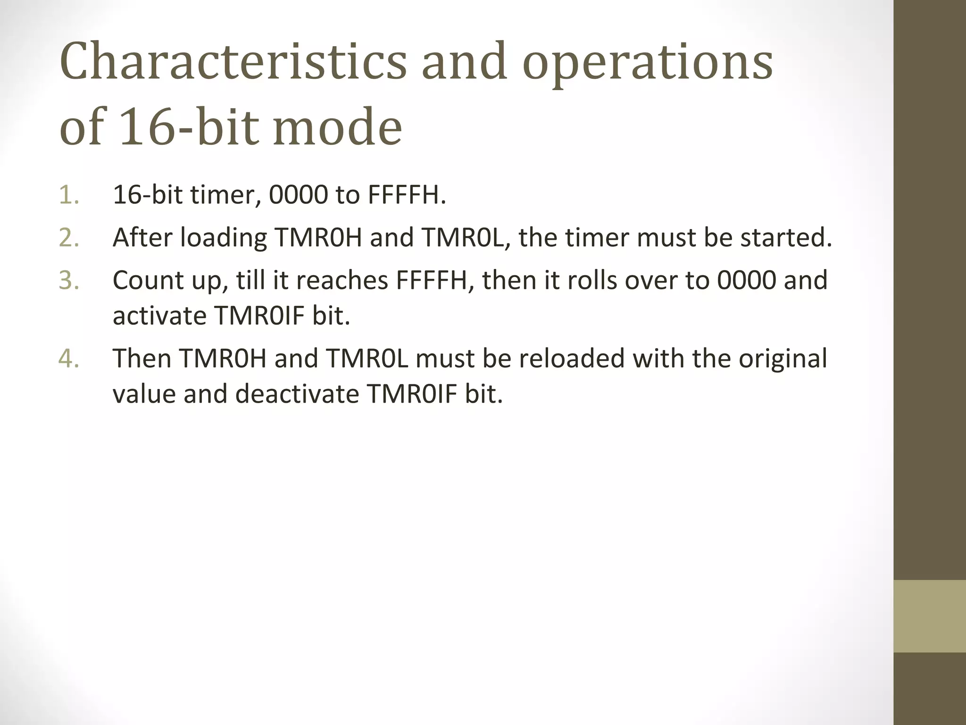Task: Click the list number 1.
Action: (68, 195)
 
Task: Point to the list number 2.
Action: (68, 237)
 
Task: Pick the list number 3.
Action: (68, 280)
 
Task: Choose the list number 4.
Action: (68, 358)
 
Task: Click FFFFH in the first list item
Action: (406, 195)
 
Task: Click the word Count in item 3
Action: (148, 280)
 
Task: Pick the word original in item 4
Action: (783, 359)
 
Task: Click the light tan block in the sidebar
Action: (929, 616)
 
